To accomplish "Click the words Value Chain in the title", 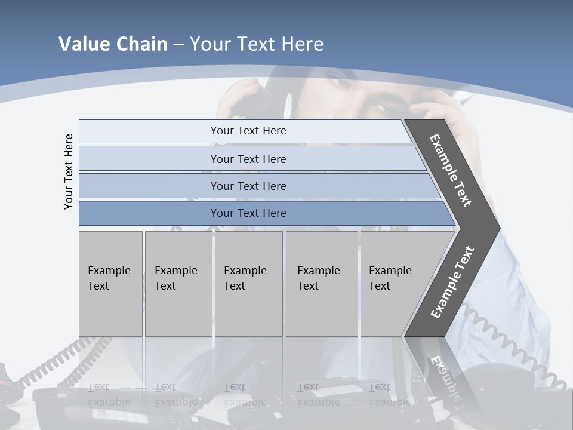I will [113, 44].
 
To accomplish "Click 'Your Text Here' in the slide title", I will [257, 44].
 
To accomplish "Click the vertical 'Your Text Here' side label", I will [69, 171].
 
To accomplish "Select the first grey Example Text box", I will [110, 284].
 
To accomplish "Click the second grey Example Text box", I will [178, 284].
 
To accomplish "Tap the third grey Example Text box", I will [248, 284].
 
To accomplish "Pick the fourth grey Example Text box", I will [322, 284].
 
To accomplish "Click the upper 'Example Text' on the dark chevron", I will [451, 170].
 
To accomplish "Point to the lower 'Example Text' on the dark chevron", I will [452, 282].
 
